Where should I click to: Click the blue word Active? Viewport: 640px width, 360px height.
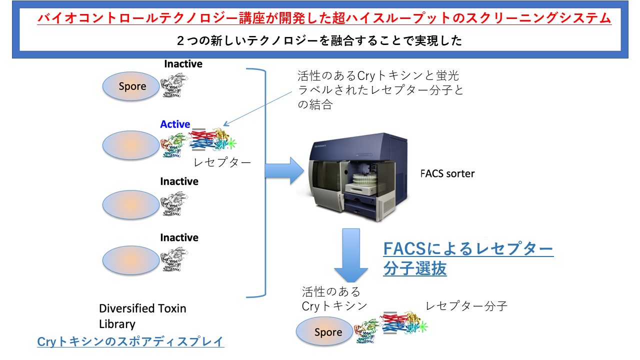(x=175, y=124)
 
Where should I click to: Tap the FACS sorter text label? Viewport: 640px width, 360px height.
(x=447, y=174)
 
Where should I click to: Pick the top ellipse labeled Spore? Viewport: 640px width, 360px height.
(x=132, y=86)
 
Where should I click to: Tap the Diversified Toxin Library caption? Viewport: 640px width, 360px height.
(x=142, y=316)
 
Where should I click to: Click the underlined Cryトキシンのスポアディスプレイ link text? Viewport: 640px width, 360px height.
(x=130, y=342)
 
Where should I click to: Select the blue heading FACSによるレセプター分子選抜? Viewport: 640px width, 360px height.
(x=467, y=258)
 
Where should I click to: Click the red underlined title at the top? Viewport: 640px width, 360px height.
(x=324, y=19)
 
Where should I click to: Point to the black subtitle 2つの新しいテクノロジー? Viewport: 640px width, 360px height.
(x=319, y=41)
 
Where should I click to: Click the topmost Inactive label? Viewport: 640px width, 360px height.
(x=183, y=64)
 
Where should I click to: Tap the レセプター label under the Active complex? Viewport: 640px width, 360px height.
(x=221, y=162)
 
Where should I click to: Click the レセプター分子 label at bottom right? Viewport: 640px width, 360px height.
(x=466, y=306)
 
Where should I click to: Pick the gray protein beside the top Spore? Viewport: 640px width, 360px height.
(x=175, y=82)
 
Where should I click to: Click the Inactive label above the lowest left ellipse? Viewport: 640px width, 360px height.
(x=179, y=237)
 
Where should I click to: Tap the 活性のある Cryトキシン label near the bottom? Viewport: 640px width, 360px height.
(x=334, y=298)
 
